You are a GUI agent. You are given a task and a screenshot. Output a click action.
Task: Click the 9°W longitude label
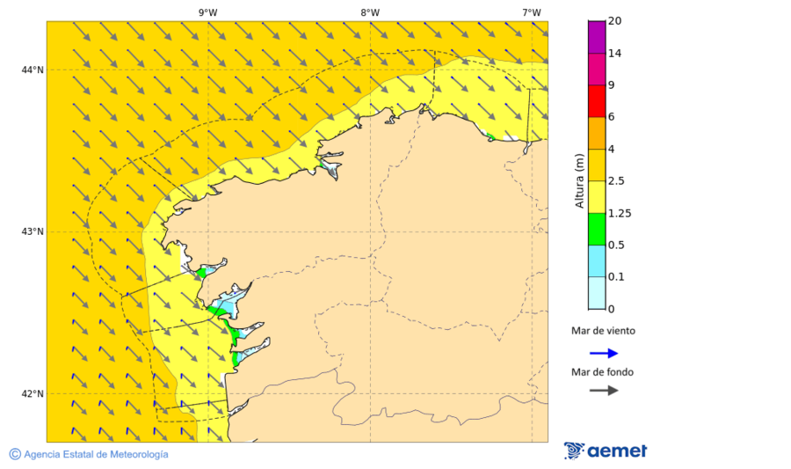(x=207, y=12)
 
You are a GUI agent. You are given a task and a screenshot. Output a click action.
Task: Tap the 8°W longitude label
(x=370, y=12)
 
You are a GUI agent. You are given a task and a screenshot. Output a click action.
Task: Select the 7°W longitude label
(x=531, y=12)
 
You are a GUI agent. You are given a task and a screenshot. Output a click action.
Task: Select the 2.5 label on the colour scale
(x=619, y=181)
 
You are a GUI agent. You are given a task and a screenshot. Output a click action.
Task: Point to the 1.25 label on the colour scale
(x=621, y=213)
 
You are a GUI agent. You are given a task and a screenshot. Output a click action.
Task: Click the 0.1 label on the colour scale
(x=619, y=277)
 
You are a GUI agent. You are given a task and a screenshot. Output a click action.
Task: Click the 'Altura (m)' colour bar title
(x=579, y=180)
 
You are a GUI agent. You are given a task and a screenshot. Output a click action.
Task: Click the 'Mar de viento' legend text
(x=603, y=332)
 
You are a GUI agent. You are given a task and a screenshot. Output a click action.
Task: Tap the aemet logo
(x=606, y=451)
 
